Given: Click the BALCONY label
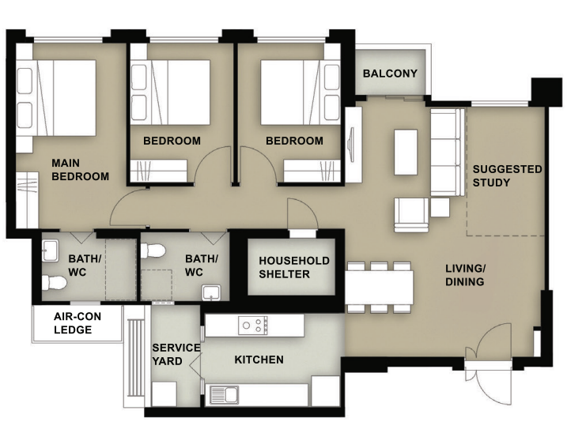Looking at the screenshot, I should [x=390, y=73].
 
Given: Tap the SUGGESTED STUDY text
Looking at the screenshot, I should [x=507, y=175].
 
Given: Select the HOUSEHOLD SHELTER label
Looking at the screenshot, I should [x=294, y=267].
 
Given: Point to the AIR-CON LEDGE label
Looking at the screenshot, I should [x=77, y=322].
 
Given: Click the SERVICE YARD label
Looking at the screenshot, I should [x=176, y=354].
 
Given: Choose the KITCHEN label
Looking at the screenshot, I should [x=259, y=360].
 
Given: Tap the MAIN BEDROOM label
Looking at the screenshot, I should [x=80, y=169].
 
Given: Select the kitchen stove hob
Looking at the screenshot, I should [x=254, y=324].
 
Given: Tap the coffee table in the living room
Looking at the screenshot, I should [x=406, y=151].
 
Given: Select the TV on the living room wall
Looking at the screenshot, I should [x=351, y=142].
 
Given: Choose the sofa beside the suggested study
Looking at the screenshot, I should [x=447, y=153].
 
